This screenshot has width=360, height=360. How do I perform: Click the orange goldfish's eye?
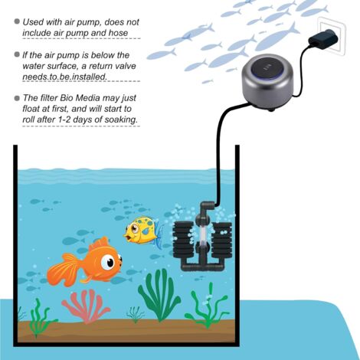click(109, 262)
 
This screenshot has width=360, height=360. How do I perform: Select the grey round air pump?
click(262, 79)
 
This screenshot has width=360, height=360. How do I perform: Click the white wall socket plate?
click(330, 35)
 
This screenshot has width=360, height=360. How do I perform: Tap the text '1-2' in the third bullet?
click(66, 119)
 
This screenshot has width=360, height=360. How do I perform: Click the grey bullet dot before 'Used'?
click(17, 21)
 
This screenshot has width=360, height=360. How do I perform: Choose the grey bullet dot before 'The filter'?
click(17, 98)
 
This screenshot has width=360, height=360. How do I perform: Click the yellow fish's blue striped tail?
click(159, 235)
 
